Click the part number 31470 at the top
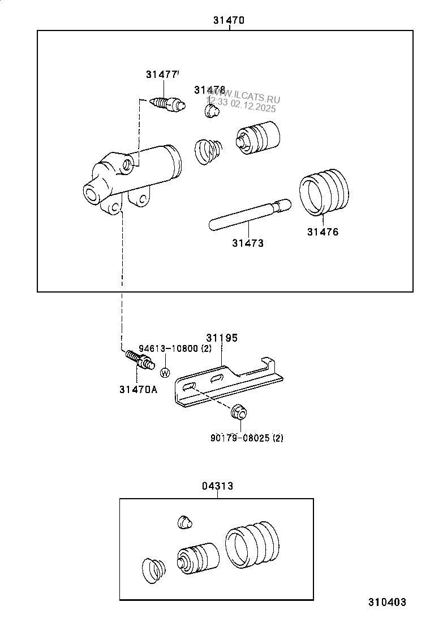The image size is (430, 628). click(x=229, y=20)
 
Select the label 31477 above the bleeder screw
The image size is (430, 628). click(x=162, y=75)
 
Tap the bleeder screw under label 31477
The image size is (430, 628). click(x=167, y=103)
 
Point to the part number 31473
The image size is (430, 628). click(x=247, y=243)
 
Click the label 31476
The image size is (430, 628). click(x=322, y=232)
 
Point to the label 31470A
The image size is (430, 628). click(x=138, y=389)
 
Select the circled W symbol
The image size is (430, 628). click(x=165, y=373)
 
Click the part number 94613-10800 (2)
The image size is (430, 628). click(x=175, y=348)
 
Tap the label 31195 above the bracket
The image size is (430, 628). click(x=221, y=338)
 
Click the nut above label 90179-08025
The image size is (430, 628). click(x=239, y=412)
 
